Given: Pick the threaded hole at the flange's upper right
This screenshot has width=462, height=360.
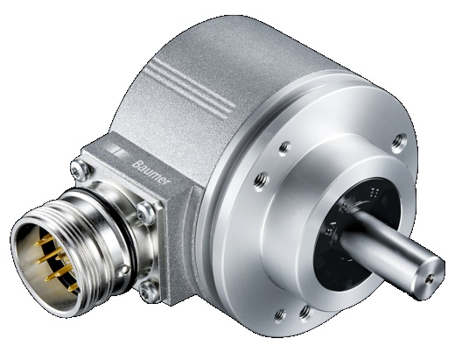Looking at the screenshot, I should (399, 136).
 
